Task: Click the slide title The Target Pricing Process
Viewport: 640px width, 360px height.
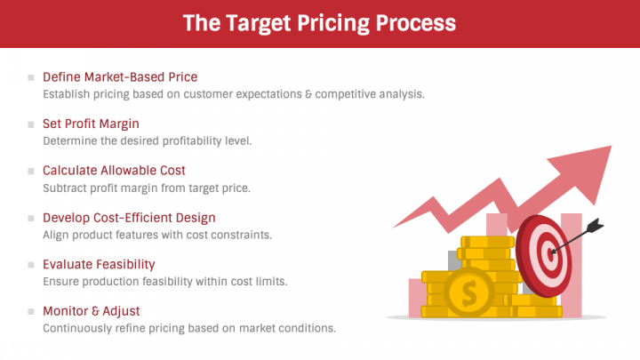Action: (x=319, y=23)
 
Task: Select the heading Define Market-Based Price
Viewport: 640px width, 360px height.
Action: (x=120, y=77)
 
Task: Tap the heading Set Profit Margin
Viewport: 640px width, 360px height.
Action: (x=91, y=124)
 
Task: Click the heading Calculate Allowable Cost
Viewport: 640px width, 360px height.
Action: (x=114, y=171)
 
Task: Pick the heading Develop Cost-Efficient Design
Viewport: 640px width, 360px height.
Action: (x=129, y=217)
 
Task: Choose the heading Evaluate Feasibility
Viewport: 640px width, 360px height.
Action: (x=99, y=264)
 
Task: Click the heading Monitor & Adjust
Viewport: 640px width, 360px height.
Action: (x=91, y=311)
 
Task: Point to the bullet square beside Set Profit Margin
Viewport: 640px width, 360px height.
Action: (x=32, y=124)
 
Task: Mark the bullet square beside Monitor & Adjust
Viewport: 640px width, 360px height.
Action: (x=32, y=312)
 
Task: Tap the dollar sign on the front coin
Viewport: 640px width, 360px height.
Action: (x=469, y=291)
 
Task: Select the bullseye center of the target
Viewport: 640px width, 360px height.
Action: (x=551, y=252)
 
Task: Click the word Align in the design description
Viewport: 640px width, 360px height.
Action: (x=57, y=235)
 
